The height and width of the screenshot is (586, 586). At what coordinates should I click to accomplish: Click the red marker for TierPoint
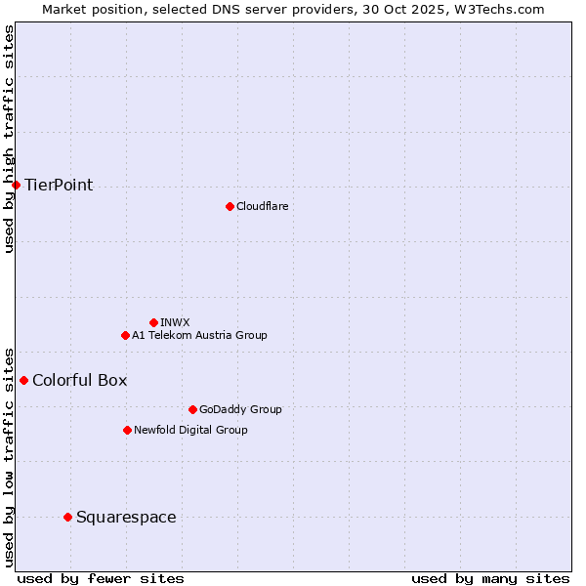(x=16, y=185)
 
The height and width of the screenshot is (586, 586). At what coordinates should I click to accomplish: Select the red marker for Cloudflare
(x=230, y=206)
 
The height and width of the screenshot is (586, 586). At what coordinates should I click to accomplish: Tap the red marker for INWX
(x=153, y=322)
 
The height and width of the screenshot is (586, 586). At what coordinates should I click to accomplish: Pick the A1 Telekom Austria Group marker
(x=125, y=335)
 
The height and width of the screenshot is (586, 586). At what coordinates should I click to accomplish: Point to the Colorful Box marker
(x=23, y=380)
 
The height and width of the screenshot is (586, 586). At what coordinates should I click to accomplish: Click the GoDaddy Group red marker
(x=192, y=409)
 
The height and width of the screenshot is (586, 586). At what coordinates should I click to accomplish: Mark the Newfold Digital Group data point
(x=127, y=430)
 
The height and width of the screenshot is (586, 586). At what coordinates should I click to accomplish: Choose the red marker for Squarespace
(x=67, y=517)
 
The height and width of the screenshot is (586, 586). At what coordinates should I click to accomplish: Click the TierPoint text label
(x=59, y=185)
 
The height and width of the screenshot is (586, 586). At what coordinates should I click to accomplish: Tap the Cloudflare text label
(x=262, y=206)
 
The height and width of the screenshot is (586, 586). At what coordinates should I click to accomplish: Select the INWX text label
(x=175, y=322)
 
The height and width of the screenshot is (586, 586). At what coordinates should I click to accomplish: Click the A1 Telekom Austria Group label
(x=199, y=335)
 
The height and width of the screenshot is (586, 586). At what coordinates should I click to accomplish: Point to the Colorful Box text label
(x=79, y=380)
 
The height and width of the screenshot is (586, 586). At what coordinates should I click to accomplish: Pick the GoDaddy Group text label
(x=239, y=409)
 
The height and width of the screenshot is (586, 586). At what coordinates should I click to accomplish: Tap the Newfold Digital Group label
(x=190, y=430)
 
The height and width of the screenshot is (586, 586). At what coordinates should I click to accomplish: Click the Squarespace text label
(x=126, y=517)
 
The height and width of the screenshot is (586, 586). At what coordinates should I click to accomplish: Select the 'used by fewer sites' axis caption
(x=101, y=578)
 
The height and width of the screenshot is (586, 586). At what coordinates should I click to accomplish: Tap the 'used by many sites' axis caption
(x=490, y=578)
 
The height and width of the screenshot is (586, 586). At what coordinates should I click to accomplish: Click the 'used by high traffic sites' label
(x=9, y=139)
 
